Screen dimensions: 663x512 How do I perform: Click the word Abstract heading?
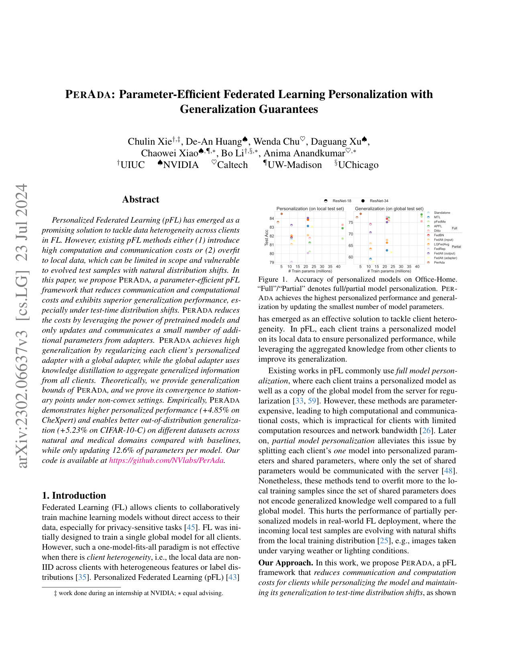[141, 199]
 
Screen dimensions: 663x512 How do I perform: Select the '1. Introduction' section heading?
[74, 495]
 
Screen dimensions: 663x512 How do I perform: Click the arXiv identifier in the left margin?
[22, 325]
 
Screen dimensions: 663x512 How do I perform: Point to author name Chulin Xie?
[149, 141]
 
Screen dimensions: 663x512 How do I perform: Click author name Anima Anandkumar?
[304, 153]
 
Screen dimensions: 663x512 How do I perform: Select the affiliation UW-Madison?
[294, 165]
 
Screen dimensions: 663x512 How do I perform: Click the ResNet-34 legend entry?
[379, 201]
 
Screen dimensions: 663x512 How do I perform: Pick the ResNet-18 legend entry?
[342, 201]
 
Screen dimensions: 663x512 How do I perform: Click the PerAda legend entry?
[439, 262]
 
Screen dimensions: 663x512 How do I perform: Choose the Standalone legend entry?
[442, 213]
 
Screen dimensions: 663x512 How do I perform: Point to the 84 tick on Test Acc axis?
[272, 219]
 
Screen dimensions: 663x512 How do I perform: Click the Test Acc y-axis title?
[267, 237]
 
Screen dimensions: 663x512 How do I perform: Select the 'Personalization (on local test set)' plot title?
[310, 209]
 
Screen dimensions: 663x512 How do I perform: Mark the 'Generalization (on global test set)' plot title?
[389, 209]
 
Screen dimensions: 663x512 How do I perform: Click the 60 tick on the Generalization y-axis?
[351, 257]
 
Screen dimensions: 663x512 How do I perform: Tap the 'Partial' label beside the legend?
[456, 247]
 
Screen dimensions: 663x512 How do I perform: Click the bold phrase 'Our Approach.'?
[286, 563]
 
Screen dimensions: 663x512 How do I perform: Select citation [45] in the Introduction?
[191, 527]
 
